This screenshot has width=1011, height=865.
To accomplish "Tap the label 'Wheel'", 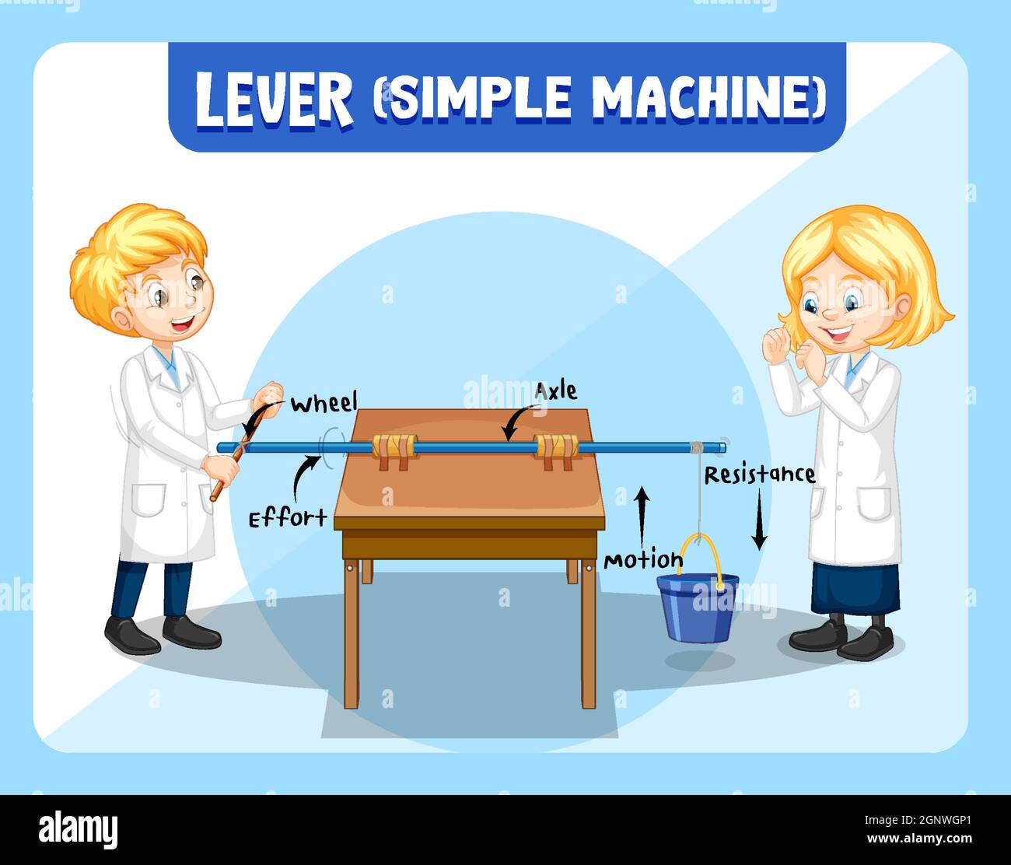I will click(x=324, y=403).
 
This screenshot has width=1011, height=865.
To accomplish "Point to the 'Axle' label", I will click(x=555, y=390).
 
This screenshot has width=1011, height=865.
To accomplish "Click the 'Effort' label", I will click(x=287, y=518).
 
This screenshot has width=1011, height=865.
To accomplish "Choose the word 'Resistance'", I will click(x=759, y=475).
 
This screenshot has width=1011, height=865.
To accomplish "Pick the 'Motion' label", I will click(x=643, y=560).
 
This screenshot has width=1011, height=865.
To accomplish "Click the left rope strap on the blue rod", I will click(x=394, y=451).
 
